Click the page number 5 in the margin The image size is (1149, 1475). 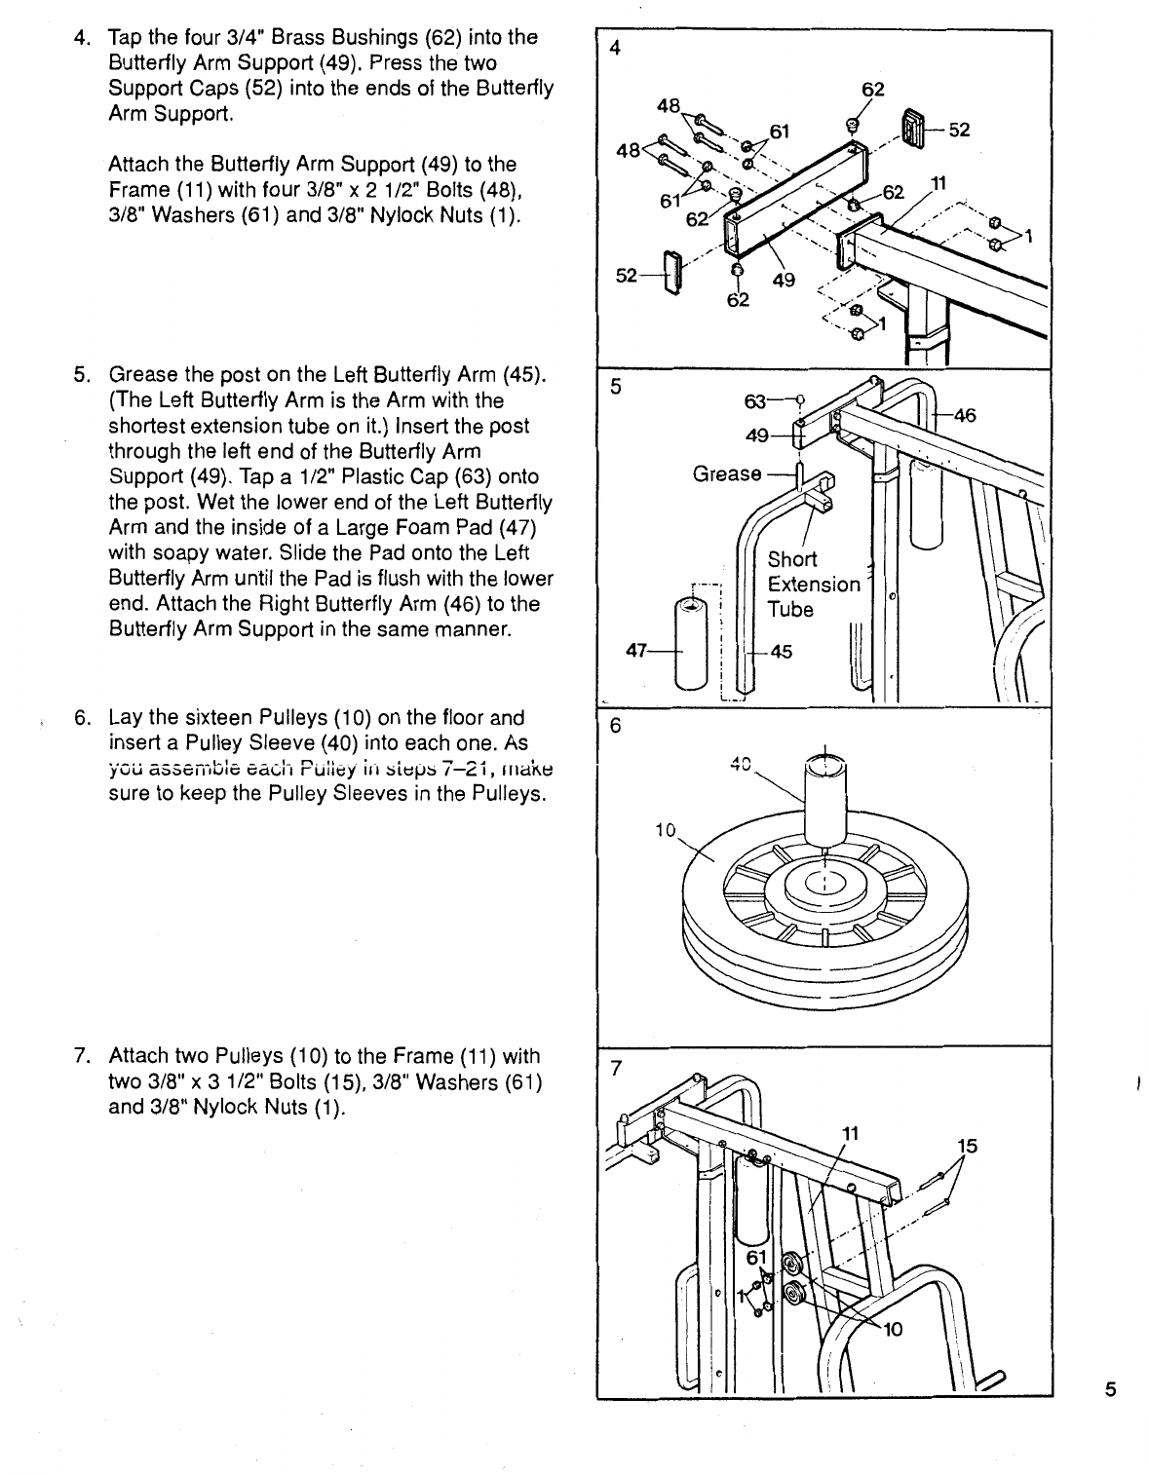[x=1110, y=1390]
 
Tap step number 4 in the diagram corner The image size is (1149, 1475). [x=615, y=49]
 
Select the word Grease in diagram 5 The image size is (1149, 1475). [x=726, y=473]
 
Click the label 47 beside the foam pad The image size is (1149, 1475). [x=638, y=653]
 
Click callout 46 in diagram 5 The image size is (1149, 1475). [x=965, y=416]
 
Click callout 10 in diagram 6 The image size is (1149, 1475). [x=665, y=830]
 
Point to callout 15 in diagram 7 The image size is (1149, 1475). [x=967, y=1147]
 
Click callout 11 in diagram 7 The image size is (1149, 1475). [x=850, y=1133]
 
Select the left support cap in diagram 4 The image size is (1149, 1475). [x=672, y=277]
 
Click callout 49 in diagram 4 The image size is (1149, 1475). [x=783, y=282]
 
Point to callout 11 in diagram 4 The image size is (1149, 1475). [x=938, y=181]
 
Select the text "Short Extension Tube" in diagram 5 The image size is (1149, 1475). [x=814, y=584]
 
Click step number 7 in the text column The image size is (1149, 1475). [x=82, y=1057]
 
